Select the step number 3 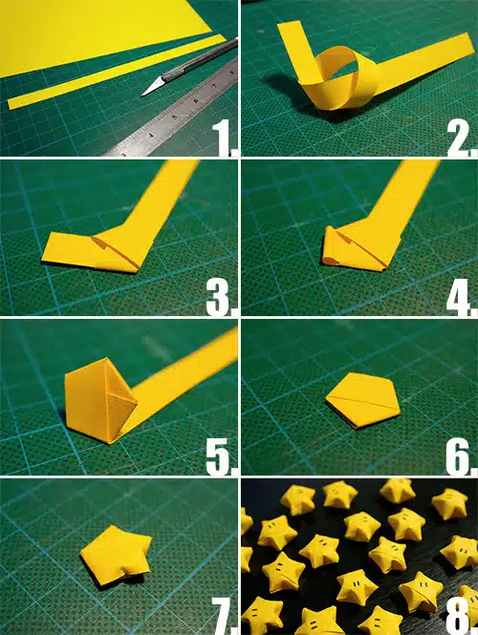point(221,298)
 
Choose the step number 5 point(221,456)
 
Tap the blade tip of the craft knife point(142,95)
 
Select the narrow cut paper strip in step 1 point(117,72)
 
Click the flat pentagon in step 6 point(363,400)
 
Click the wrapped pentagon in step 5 point(101,400)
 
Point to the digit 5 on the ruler point(175,117)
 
